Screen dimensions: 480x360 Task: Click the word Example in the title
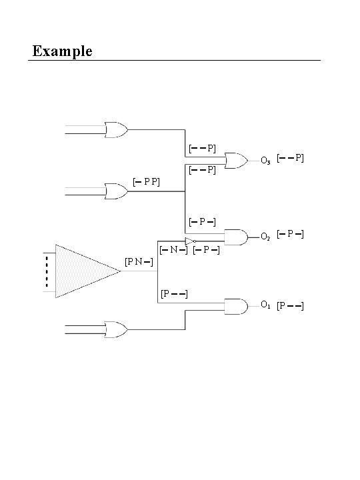(62, 51)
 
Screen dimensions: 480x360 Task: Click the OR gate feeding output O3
(235, 160)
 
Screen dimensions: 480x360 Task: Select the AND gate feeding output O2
(236, 236)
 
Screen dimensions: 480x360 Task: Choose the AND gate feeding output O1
(236, 306)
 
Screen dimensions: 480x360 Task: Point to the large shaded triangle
(83, 271)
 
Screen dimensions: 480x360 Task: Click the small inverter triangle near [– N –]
(190, 241)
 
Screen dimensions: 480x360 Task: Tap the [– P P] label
(146, 181)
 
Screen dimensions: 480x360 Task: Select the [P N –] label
(139, 261)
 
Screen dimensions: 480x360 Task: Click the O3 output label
(265, 161)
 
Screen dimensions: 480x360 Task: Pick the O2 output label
(265, 237)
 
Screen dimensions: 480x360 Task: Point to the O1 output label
(265, 305)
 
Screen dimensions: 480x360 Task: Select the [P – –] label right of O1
(290, 305)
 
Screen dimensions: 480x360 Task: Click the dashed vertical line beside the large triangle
(47, 271)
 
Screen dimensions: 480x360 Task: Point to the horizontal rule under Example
(174, 61)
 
